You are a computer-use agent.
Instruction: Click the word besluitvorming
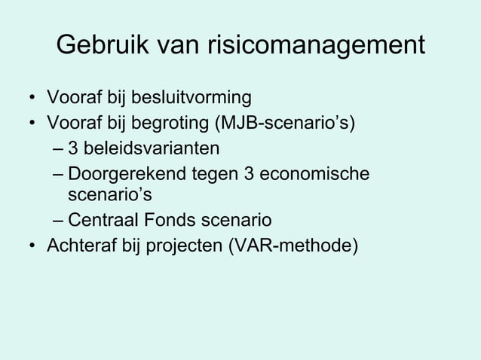pos(191,98)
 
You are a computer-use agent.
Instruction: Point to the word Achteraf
pos(78,245)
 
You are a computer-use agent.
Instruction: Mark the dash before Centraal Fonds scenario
pos(58,221)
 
